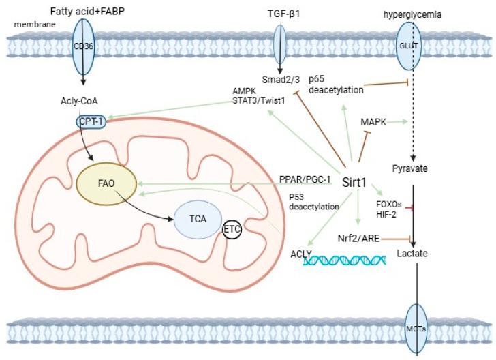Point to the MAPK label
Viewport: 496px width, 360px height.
tap(373, 121)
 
